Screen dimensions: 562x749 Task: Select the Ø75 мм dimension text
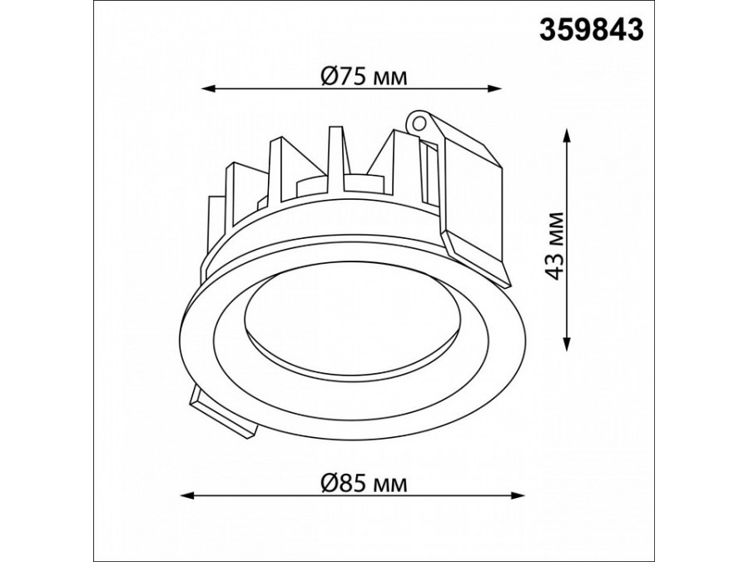pyautogui.click(x=364, y=77)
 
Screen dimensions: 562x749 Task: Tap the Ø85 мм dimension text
pyautogui.click(x=364, y=482)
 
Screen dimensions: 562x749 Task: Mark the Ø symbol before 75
pyautogui.click(x=328, y=77)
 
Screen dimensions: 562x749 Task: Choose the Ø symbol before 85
pyautogui.click(x=328, y=482)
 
